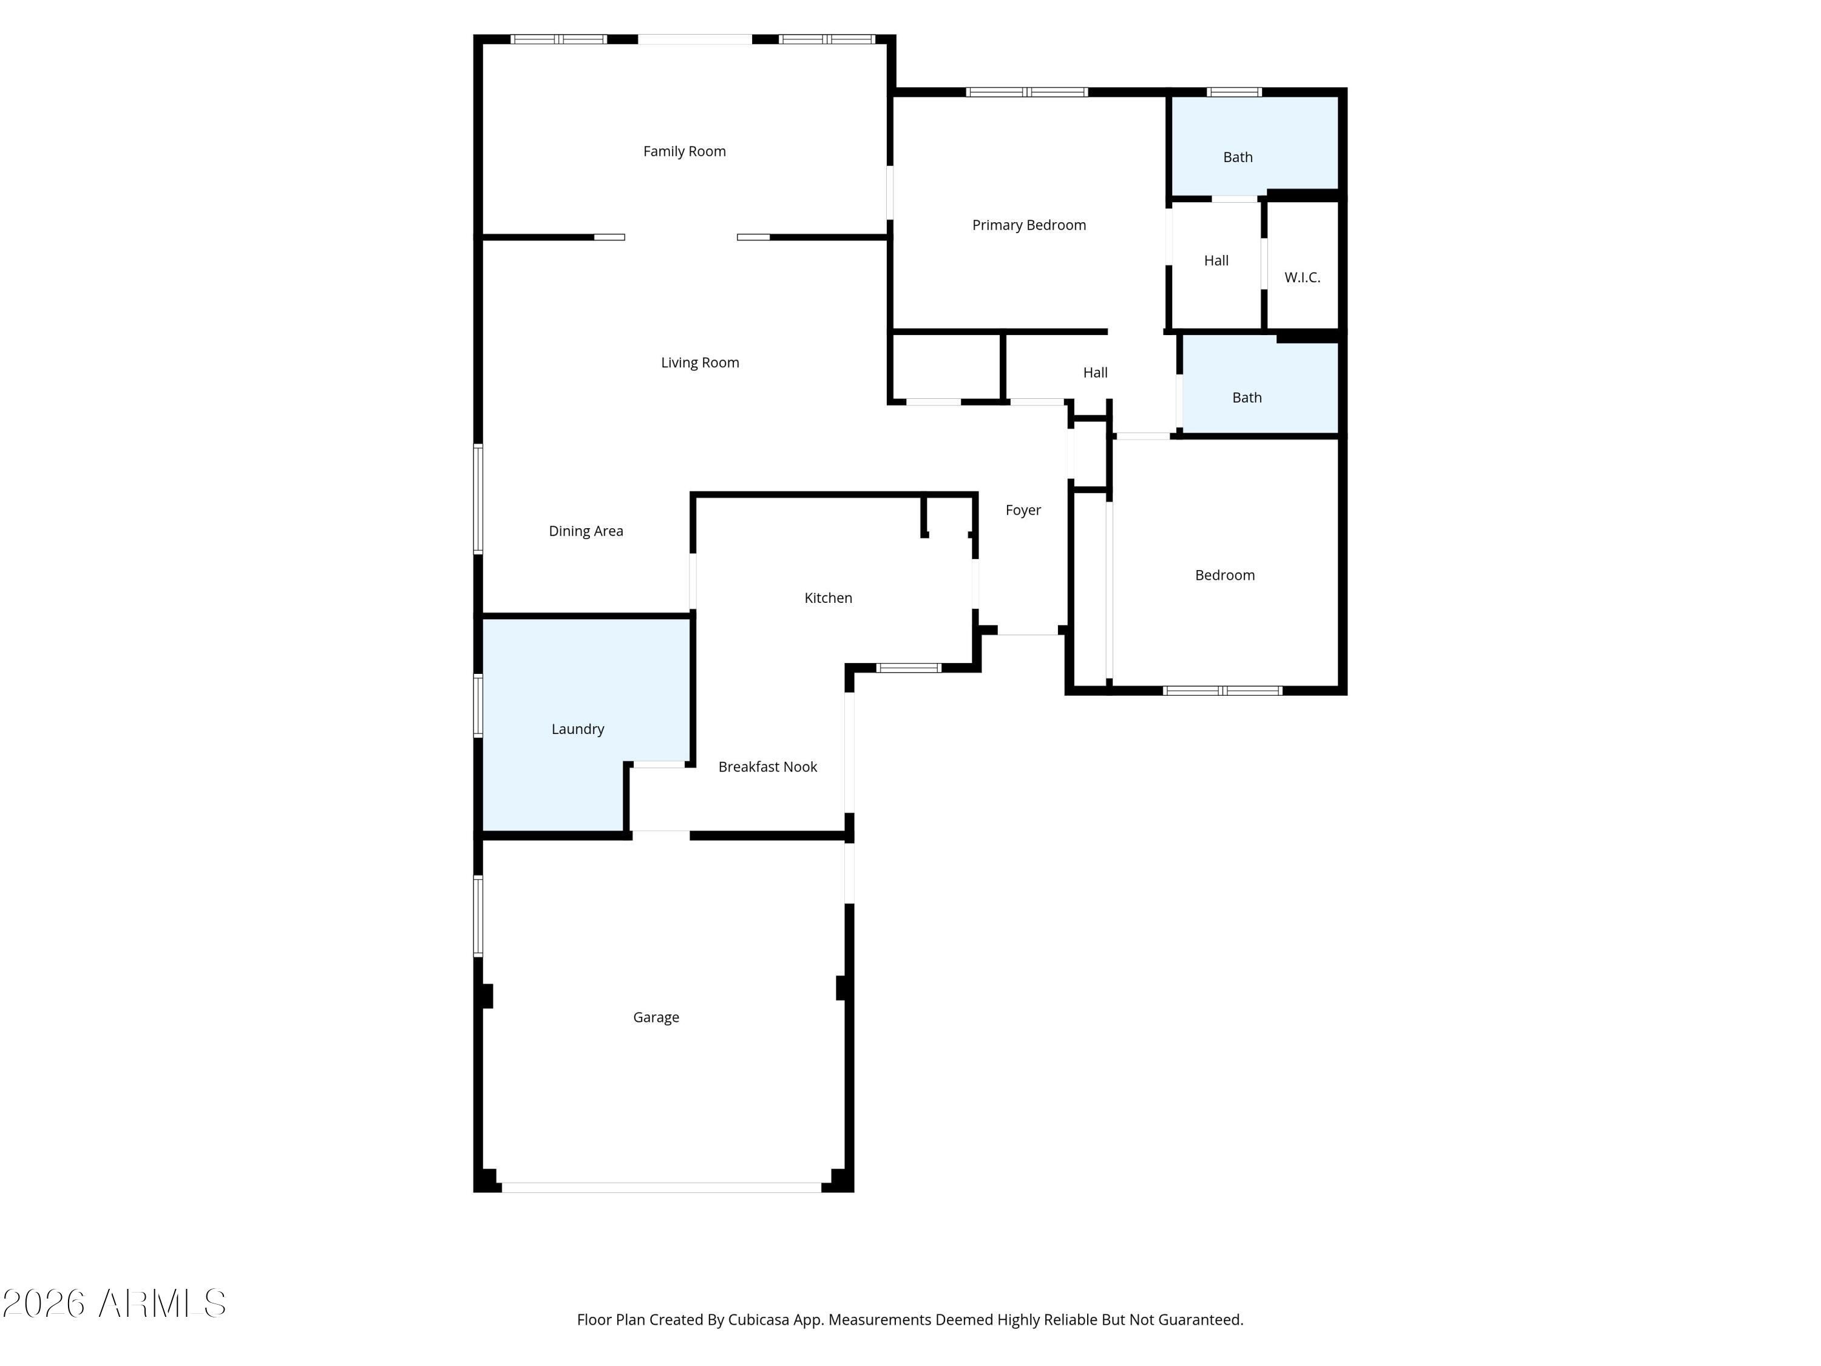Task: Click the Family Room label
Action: point(684,152)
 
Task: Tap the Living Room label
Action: point(700,363)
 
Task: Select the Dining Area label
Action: point(586,532)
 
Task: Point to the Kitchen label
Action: point(828,598)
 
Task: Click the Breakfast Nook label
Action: point(767,767)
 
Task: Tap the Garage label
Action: point(656,1018)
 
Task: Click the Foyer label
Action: point(1023,511)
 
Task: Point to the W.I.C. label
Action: point(1303,277)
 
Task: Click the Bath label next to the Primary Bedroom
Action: point(1238,157)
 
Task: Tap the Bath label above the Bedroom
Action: point(1247,398)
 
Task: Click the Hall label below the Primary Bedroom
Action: point(1095,373)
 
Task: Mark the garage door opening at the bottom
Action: point(662,1188)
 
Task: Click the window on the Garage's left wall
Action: point(478,916)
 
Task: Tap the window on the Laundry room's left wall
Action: point(478,705)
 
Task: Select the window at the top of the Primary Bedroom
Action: point(1026,92)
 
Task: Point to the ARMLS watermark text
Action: point(115,1303)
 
